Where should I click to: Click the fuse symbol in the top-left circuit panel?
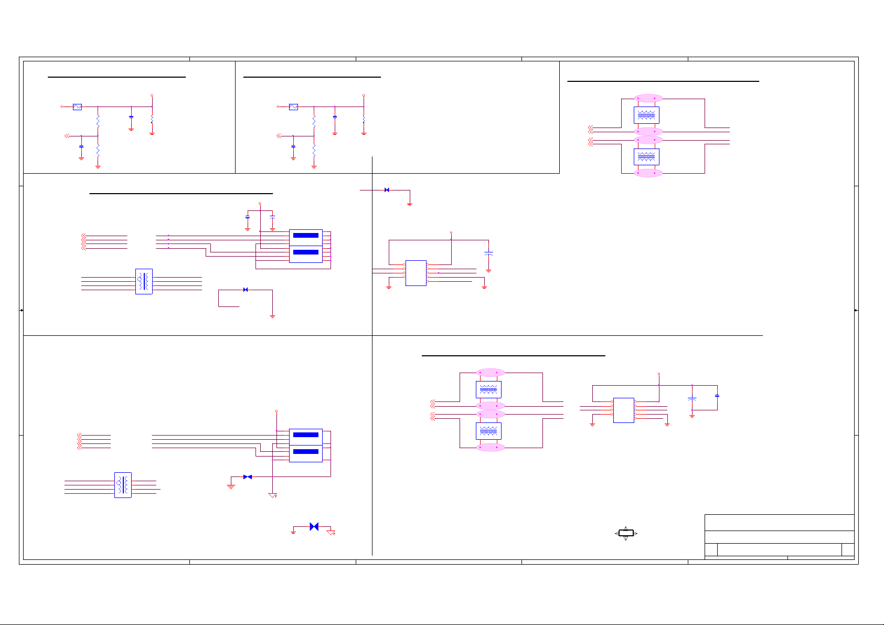pyautogui.click(x=77, y=107)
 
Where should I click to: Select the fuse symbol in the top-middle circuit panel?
pyautogui.click(x=293, y=107)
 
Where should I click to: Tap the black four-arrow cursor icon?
pyautogui.click(x=625, y=533)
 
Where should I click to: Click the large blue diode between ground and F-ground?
pyautogui.click(x=314, y=526)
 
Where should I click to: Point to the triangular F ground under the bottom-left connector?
pyautogui.click(x=273, y=495)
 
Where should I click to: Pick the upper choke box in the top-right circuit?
pyautogui.click(x=646, y=115)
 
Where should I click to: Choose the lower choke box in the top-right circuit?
pyautogui.click(x=646, y=156)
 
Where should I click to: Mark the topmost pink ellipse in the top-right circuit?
pyautogui.click(x=648, y=98)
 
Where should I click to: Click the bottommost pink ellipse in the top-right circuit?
pyautogui.click(x=648, y=173)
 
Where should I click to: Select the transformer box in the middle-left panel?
pyautogui.click(x=144, y=282)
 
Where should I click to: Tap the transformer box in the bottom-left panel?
pyautogui.click(x=123, y=485)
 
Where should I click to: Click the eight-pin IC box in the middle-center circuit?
pyautogui.click(x=416, y=273)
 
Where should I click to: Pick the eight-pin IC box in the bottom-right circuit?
pyautogui.click(x=623, y=410)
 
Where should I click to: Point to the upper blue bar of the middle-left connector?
pyautogui.click(x=306, y=235)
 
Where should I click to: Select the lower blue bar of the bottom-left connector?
pyautogui.click(x=306, y=451)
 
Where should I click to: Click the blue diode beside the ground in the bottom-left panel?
pyautogui.click(x=247, y=477)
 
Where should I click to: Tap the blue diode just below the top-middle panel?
pyautogui.click(x=387, y=190)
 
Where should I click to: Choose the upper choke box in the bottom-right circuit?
pyautogui.click(x=488, y=389)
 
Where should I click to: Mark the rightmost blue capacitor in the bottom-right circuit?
pyautogui.click(x=717, y=395)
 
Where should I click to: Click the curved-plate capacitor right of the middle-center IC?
pyautogui.click(x=488, y=253)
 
